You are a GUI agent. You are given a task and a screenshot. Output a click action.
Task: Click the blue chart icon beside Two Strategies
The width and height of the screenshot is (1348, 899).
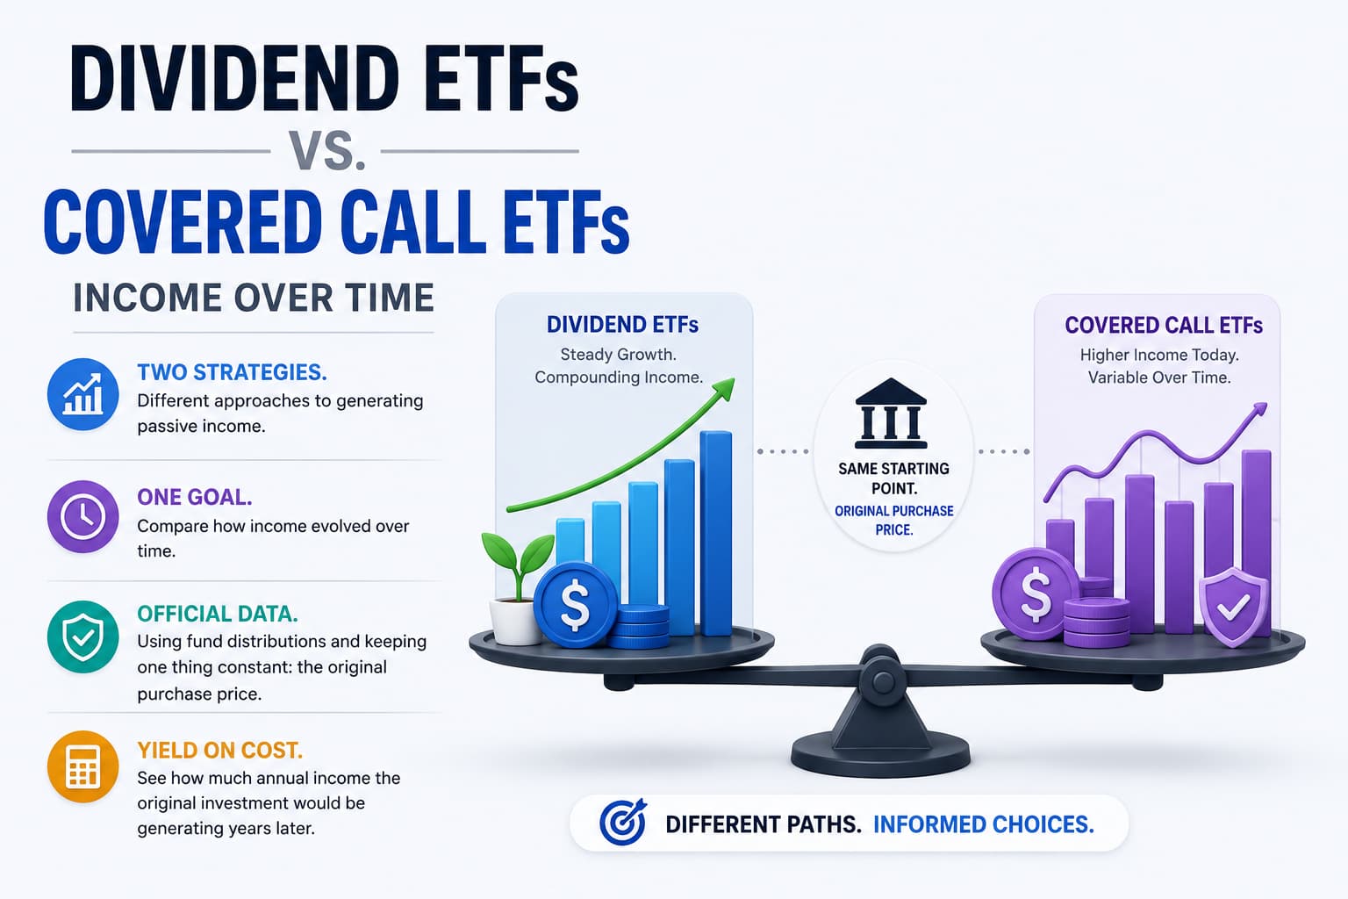[83, 394]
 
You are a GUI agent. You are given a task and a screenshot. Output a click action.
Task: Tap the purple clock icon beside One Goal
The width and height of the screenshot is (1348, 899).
[83, 516]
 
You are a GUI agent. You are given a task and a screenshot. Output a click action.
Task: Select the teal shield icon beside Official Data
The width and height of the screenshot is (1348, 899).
[83, 637]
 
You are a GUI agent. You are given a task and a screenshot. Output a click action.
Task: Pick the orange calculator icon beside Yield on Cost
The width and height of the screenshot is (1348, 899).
[83, 766]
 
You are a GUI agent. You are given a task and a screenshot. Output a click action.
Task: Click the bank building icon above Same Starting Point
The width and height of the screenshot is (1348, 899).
[891, 414]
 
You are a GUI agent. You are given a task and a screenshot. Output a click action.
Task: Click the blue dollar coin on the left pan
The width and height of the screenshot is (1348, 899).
[576, 604]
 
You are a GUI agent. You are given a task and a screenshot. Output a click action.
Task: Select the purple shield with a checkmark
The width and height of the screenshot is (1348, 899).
[1234, 607]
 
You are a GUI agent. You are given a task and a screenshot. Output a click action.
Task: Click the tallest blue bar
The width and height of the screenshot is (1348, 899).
[716, 534]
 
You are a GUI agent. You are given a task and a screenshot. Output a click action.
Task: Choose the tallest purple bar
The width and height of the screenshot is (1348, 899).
[1257, 542]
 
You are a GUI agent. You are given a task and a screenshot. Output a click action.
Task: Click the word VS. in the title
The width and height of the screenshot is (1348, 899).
[326, 150]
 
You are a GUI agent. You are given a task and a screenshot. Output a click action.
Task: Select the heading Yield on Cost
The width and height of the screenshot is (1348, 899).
[220, 751]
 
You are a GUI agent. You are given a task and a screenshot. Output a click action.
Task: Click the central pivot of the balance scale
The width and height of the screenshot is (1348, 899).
[883, 680]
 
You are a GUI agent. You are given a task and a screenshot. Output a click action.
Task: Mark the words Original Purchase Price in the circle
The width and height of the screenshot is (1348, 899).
[894, 521]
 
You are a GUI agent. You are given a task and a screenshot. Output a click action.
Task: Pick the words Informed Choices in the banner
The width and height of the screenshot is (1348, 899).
[983, 824]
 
